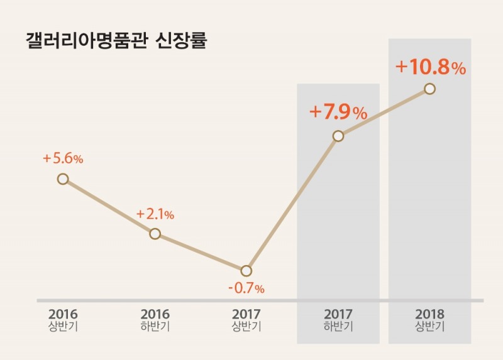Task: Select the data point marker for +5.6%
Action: click(62, 179)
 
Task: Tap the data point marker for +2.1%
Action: click(155, 234)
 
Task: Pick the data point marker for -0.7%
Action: click(246, 271)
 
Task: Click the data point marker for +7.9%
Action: click(338, 136)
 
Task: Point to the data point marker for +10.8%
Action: click(429, 89)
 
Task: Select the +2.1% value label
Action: click(155, 214)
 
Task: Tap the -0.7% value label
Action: click(246, 289)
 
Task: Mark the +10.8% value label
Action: click(430, 67)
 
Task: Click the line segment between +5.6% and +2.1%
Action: click(108, 206)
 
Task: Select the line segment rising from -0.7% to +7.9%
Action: click(292, 204)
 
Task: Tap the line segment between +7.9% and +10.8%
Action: click(384, 112)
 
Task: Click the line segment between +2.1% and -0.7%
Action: click(201, 253)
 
